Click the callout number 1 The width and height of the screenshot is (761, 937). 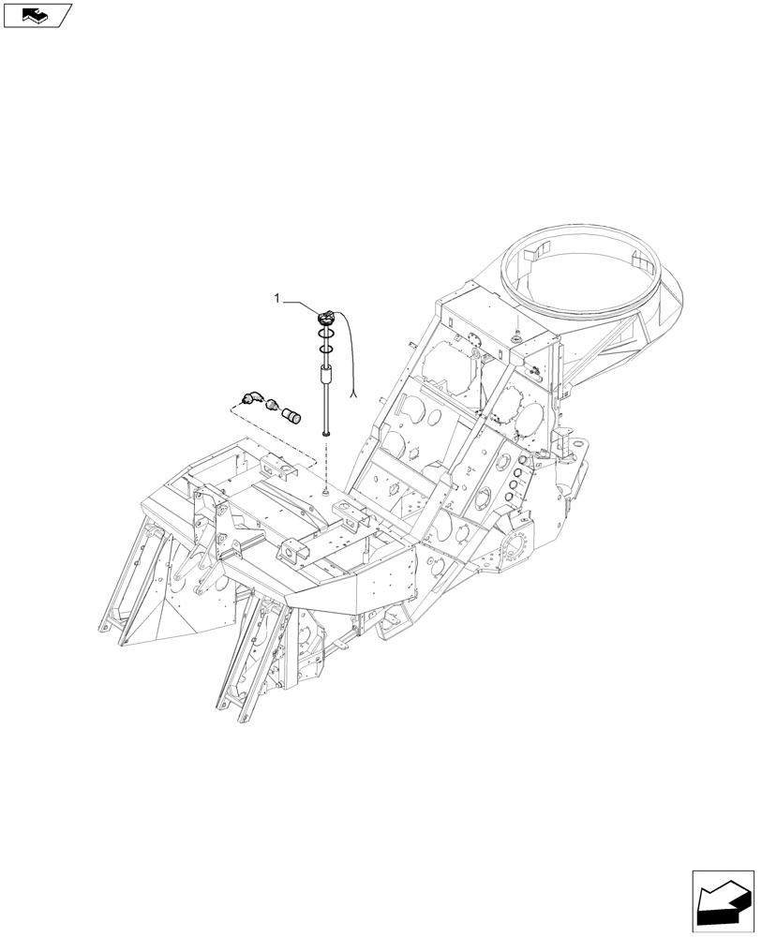276,298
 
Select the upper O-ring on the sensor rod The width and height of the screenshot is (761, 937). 325,335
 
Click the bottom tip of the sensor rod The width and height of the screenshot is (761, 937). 325,433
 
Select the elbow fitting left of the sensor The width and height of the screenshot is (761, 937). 251,398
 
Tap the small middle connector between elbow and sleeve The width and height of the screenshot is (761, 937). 272,407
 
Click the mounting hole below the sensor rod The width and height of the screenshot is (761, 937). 324,488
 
